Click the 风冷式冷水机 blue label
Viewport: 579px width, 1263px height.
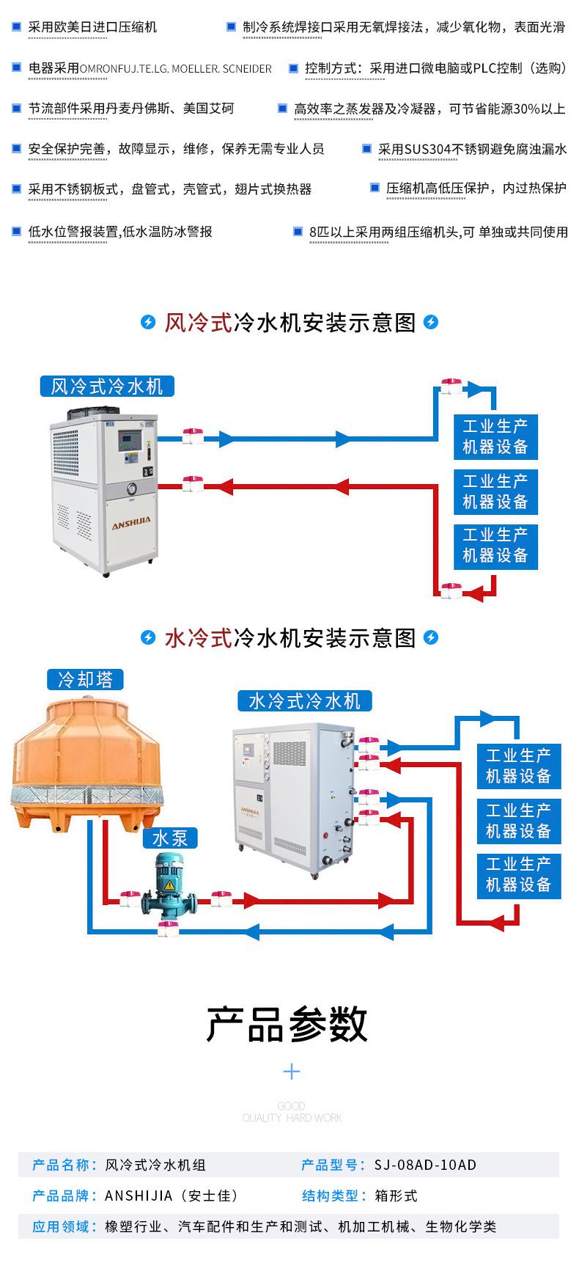click(x=107, y=387)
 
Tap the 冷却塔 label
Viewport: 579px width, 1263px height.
click(x=85, y=680)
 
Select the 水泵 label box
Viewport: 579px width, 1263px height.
click(x=169, y=838)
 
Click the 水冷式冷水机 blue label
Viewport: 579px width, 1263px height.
click(x=304, y=701)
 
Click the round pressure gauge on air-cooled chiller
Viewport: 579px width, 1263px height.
click(x=131, y=488)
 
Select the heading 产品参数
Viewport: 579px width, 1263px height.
click(x=287, y=1024)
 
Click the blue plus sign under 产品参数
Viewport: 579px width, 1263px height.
click(x=292, y=1072)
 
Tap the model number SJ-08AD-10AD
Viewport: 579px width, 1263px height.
click(x=424, y=1165)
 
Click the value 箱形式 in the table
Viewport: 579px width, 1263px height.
click(x=395, y=1196)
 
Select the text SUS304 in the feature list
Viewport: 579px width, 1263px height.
click(x=428, y=149)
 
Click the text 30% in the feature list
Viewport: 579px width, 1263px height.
click(x=527, y=109)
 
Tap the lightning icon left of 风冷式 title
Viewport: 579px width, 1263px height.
click(x=149, y=322)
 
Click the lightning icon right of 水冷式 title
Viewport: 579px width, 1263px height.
click(x=431, y=637)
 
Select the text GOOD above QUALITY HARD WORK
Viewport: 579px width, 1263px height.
click(x=292, y=1106)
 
